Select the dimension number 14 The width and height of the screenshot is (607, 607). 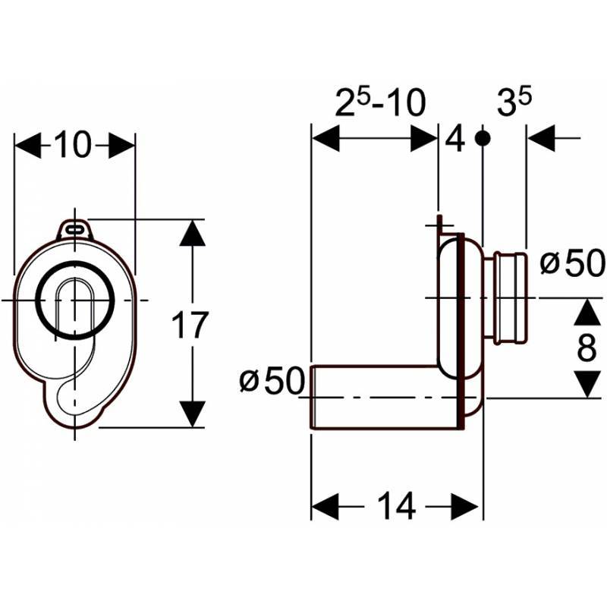[x=397, y=506]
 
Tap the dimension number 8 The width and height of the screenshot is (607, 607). [x=586, y=348]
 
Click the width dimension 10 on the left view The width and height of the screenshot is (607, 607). [x=73, y=145]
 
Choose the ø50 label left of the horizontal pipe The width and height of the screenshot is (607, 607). [x=271, y=380]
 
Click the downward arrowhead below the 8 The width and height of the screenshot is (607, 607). [x=586, y=383]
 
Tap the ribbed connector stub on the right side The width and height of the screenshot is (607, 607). [x=508, y=297]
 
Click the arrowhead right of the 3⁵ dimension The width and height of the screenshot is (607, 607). [x=541, y=139]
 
